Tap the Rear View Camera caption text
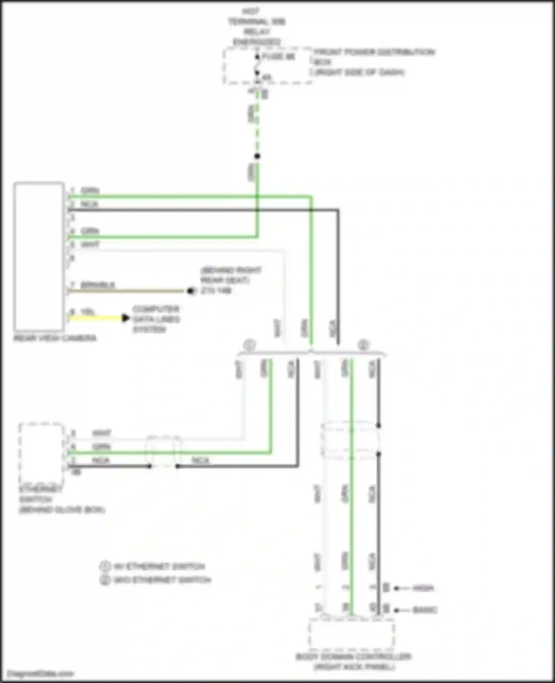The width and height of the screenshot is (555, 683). point(55,338)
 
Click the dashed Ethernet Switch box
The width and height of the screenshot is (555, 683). point(42,454)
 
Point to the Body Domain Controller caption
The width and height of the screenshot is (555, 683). point(353,657)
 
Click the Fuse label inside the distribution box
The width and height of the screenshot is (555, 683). point(278,57)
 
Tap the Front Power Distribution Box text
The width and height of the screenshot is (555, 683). point(374,52)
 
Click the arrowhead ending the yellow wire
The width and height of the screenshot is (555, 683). point(126,318)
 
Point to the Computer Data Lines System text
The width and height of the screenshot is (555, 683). point(156,319)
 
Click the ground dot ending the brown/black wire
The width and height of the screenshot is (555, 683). point(191,291)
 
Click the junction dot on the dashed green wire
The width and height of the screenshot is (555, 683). point(257,156)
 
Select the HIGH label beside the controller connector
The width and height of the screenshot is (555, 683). point(423,588)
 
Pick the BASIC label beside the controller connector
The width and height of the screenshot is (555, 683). point(425,610)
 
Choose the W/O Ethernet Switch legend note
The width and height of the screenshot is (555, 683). point(162,580)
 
